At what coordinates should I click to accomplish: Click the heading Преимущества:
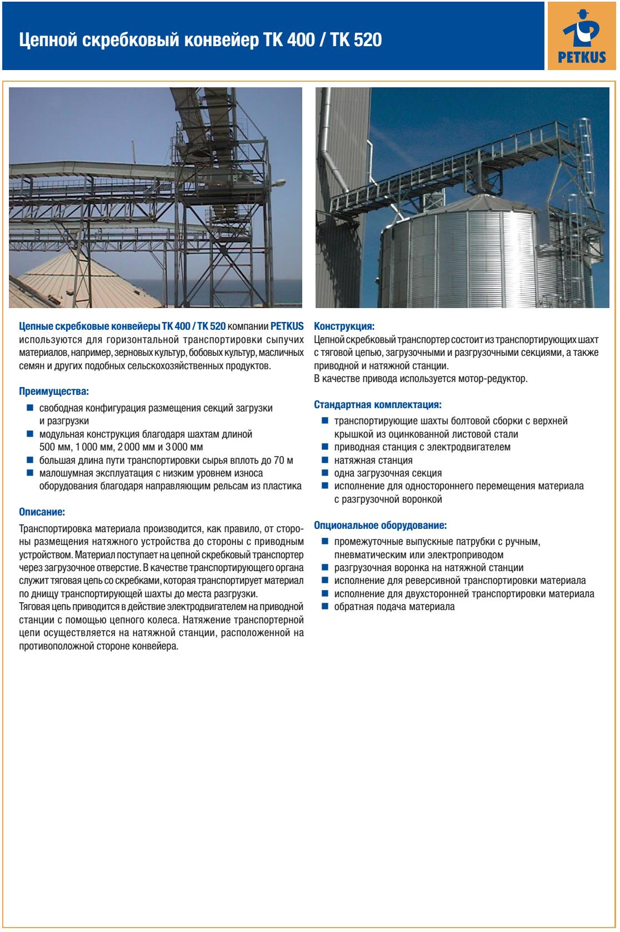(x=54, y=391)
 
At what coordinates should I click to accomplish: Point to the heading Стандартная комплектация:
(x=378, y=404)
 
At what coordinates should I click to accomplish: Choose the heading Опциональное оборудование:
(x=381, y=524)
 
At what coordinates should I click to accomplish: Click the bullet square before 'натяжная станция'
(x=324, y=460)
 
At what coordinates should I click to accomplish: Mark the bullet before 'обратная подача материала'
(x=324, y=607)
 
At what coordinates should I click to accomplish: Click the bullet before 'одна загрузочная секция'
(x=324, y=473)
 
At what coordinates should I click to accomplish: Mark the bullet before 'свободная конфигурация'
(x=30, y=408)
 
